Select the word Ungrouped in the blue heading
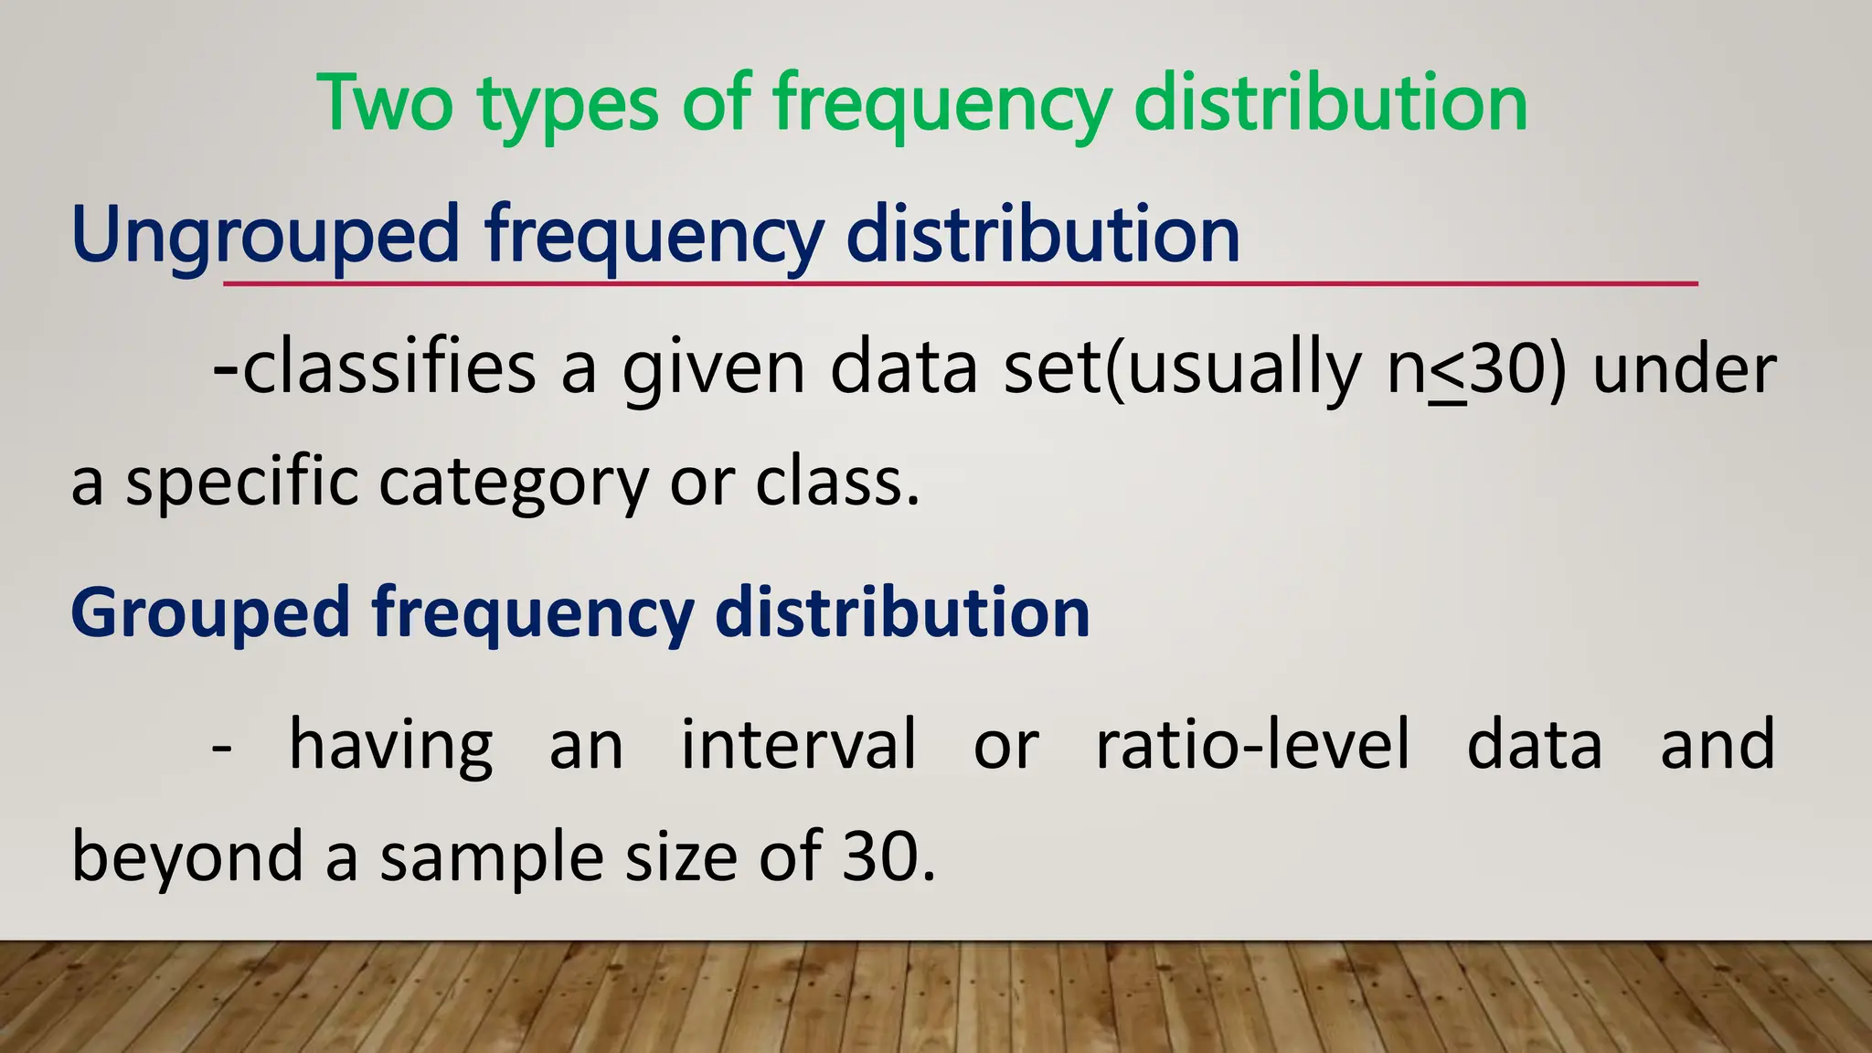[264, 236]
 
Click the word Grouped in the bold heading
[210, 612]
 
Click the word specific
[241, 484]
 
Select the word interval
[798, 743]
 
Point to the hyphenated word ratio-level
[1252, 743]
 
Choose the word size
[681, 857]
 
